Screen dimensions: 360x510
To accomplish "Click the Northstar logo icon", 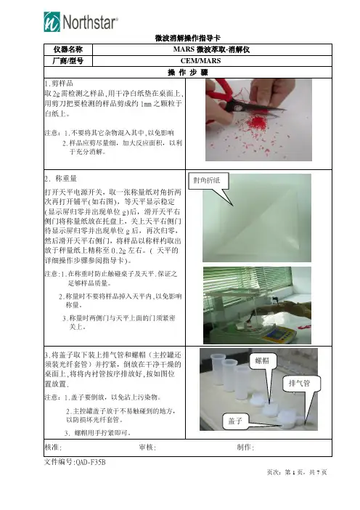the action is (x=52, y=22).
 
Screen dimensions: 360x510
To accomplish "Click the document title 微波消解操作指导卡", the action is (x=187, y=38).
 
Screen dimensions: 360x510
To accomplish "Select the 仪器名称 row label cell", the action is (x=68, y=49).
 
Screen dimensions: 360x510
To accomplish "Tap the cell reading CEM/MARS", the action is (x=200, y=61).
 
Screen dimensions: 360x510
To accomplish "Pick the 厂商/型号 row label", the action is (x=68, y=61).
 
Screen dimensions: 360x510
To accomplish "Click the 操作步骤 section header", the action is (x=187, y=72).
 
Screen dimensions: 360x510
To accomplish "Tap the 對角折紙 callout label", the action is (x=207, y=180).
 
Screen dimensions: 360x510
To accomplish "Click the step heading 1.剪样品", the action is (x=59, y=84).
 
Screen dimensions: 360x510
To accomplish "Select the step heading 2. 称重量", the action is (x=61, y=178).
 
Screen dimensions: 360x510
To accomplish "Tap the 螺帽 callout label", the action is (x=262, y=361).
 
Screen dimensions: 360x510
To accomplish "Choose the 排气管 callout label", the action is (x=300, y=384).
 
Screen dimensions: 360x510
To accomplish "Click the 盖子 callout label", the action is (x=235, y=421).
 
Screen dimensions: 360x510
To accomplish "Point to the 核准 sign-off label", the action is (x=53, y=448).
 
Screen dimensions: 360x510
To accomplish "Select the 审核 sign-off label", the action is (x=147, y=448).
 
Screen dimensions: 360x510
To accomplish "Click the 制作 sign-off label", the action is (x=245, y=448).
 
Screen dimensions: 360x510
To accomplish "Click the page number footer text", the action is (x=297, y=472).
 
